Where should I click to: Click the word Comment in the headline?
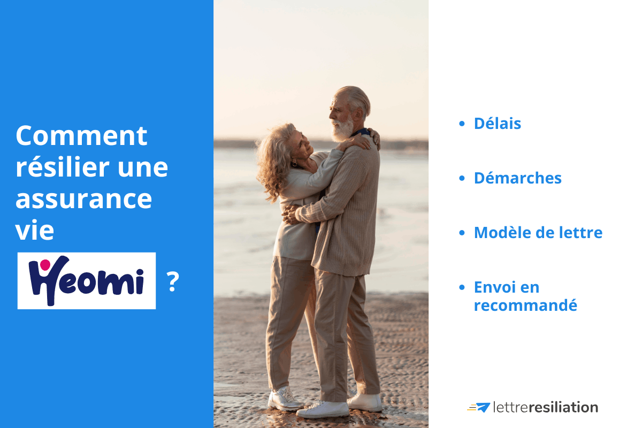(81, 136)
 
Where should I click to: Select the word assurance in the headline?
(83, 199)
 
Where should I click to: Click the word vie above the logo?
(35, 231)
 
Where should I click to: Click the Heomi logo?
(87, 281)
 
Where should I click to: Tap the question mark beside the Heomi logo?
(172, 282)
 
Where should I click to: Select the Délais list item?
(497, 124)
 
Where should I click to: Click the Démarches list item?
(517, 178)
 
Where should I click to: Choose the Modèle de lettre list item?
(538, 233)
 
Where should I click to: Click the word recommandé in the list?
(525, 305)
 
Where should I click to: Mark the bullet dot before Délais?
(462, 124)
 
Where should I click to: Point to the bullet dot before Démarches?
(462, 179)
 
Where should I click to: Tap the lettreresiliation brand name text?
(545, 408)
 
